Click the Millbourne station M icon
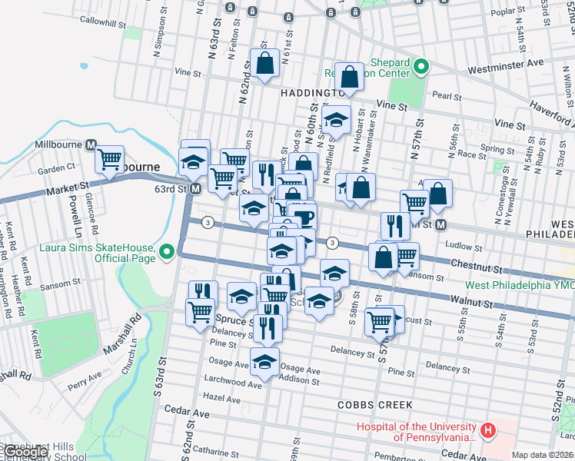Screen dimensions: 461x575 91,144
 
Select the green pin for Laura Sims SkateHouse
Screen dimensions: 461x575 166,251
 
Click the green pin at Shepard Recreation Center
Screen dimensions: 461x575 420,68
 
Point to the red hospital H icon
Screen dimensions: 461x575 486,431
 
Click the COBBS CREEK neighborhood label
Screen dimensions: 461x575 374,405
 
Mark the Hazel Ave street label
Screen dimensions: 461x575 223,400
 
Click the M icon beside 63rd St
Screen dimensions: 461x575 196,188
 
